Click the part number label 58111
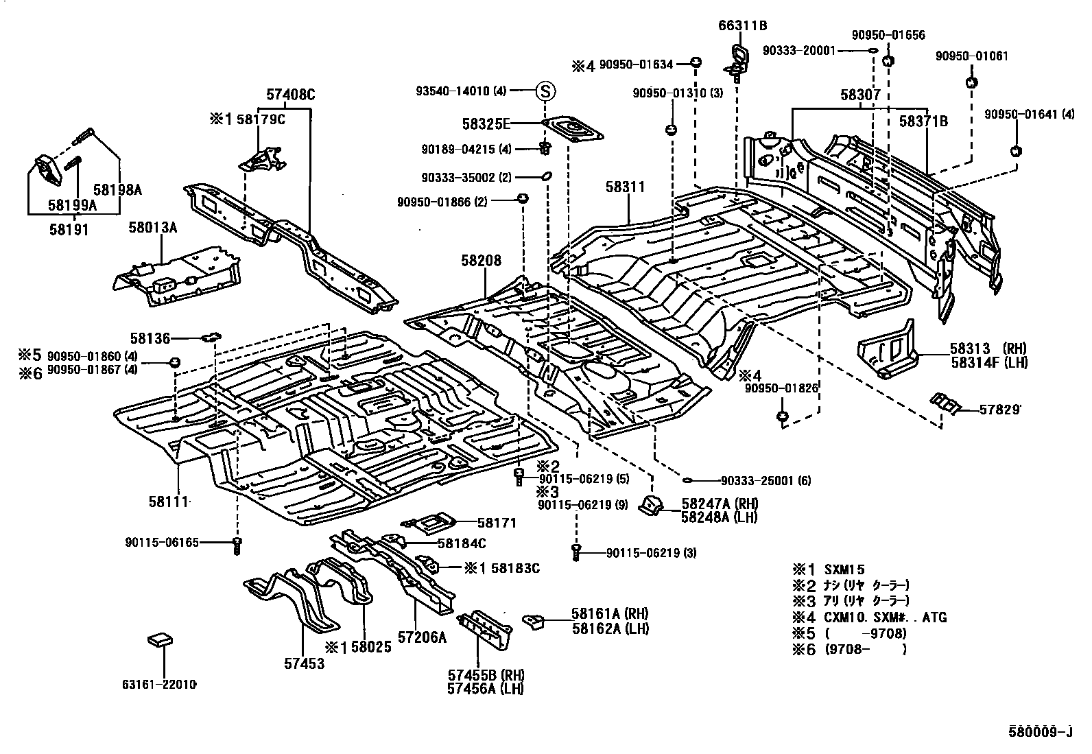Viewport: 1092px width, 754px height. tap(167, 502)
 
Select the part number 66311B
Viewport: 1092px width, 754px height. tap(742, 26)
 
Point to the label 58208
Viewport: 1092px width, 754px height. tap(481, 261)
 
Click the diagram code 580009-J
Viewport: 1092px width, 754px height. tap(1038, 731)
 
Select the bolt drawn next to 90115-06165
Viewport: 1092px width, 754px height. tap(237, 545)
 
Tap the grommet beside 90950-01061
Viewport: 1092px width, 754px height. tap(971, 83)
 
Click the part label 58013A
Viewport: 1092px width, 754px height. tap(152, 227)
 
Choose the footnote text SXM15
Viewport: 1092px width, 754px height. tap(844, 569)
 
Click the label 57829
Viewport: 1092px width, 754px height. tap(999, 409)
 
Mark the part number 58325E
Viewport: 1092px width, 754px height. tap(486, 123)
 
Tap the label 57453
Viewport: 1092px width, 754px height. tap(304, 663)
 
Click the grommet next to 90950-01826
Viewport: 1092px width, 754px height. tap(781, 416)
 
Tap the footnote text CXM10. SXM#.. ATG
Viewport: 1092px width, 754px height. tap(885, 617)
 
